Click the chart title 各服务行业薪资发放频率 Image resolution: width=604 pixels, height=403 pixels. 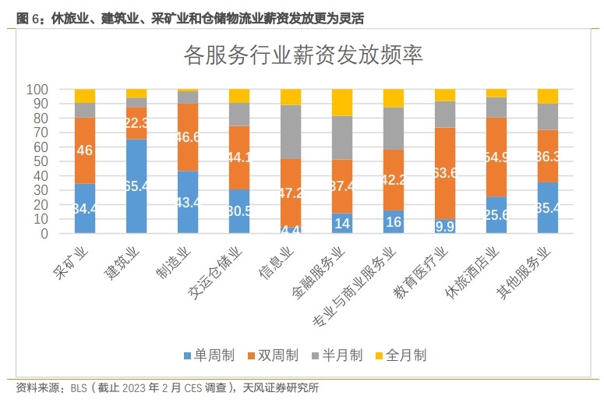(x=302, y=55)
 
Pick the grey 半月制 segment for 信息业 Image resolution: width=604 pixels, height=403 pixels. (x=291, y=132)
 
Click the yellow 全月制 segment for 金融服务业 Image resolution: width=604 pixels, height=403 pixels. (x=342, y=102)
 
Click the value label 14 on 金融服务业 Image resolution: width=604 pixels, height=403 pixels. (x=343, y=223)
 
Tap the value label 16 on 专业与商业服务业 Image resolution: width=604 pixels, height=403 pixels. (x=394, y=222)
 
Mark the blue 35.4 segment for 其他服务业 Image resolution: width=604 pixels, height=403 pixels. (x=548, y=208)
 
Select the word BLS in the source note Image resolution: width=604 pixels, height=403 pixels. (x=79, y=387)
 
